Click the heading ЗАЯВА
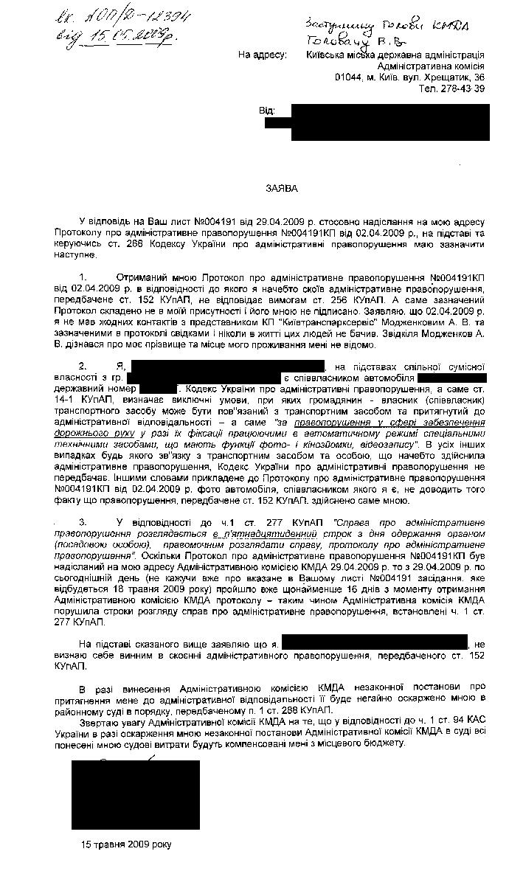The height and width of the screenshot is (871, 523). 283,188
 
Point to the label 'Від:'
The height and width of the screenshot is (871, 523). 267,111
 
